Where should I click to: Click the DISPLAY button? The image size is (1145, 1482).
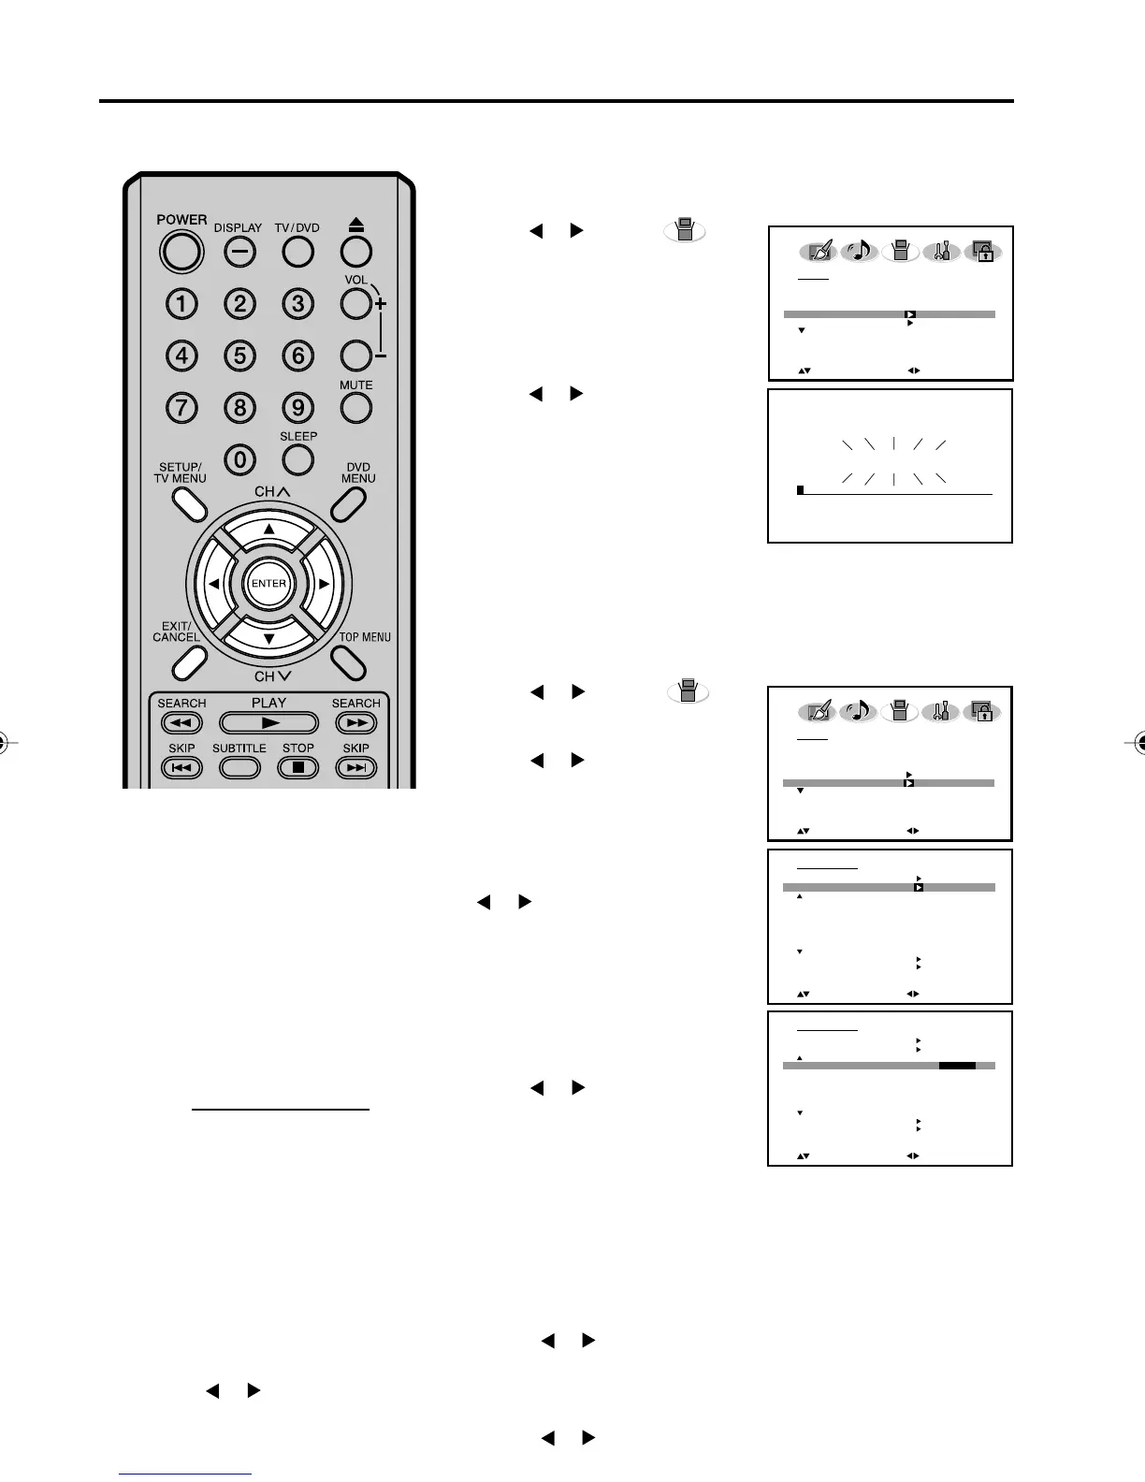(x=239, y=251)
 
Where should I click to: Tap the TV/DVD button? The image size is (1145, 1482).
(x=297, y=251)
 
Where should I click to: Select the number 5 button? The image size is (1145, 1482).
(x=239, y=356)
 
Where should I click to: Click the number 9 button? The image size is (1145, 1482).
(x=297, y=408)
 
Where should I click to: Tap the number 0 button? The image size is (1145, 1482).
(x=239, y=459)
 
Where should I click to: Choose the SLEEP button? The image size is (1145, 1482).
(x=297, y=459)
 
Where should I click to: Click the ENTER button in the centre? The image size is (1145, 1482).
(x=268, y=583)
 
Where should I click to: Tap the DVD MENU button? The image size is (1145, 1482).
(x=347, y=504)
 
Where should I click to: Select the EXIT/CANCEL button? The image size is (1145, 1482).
(x=189, y=662)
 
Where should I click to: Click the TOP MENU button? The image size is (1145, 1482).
(x=347, y=662)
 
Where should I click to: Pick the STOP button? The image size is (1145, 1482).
(x=298, y=767)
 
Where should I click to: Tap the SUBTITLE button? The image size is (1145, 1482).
(x=239, y=767)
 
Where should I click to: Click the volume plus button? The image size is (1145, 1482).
(x=355, y=303)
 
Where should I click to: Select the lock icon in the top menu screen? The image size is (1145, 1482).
(x=983, y=252)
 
